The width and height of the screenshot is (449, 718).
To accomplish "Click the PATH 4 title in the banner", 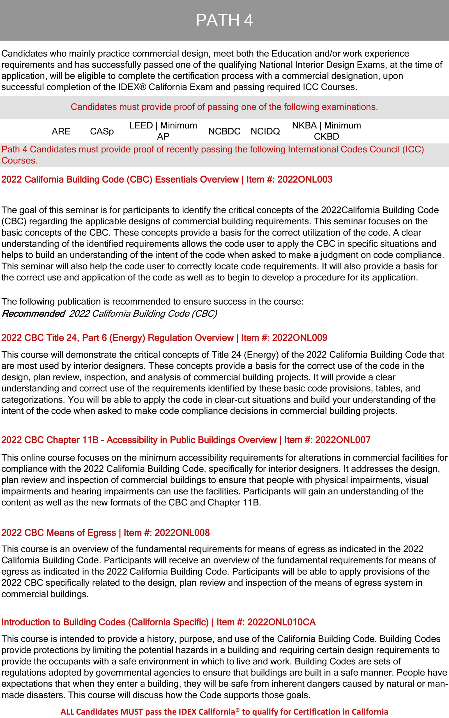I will pyautogui.click(x=224, y=20).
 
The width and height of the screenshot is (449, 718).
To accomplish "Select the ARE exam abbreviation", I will pyautogui.click(x=61, y=131).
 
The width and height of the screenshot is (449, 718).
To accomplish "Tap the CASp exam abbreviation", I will pyautogui.click(x=102, y=131).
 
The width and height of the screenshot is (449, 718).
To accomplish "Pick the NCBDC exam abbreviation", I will pyautogui.click(x=224, y=131).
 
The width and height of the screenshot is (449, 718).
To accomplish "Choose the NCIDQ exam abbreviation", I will pyautogui.click(x=265, y=131).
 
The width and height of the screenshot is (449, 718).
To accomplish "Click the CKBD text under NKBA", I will pyautogui.click(x=326, y=137).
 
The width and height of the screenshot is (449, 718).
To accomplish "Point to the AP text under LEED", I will pyautogui.click(x=163, y=137).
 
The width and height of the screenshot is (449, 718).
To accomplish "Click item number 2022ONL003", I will pyautogui.click(x=305, y=179).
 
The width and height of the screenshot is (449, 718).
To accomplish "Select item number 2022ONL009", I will pyautogui.click(x=300, y=338).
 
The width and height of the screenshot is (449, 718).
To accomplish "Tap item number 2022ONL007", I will pyautogui.click(x=343, y=440).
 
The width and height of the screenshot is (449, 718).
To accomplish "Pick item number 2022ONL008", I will pyautogui.click(x=182, y=533).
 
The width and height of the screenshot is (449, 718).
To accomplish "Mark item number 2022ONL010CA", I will pyautogui.click(x=281, y=622).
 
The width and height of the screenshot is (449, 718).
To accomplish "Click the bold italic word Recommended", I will pyautogui.click(x=33, y=314).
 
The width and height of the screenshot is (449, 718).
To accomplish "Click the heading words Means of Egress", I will pyautogui.click(x=81, y=533).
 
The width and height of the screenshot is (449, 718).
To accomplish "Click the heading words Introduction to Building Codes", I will pyautogui.click(x=63, y=622).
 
